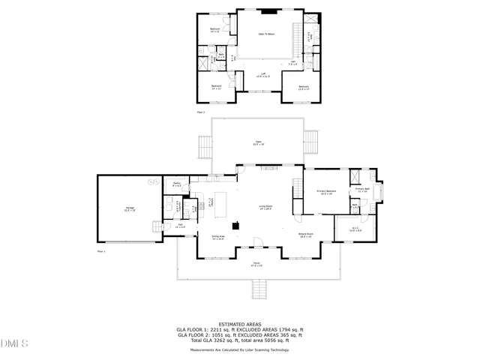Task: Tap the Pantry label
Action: click(x=176, y=184)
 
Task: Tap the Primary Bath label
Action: click(x=362, y=190)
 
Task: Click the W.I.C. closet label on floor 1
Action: click(x=355, y=230)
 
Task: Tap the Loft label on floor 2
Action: click(x=263, y=75)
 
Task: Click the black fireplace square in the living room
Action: click(x=235, y=225)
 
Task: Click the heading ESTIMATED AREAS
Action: click(x=240, y=324)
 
